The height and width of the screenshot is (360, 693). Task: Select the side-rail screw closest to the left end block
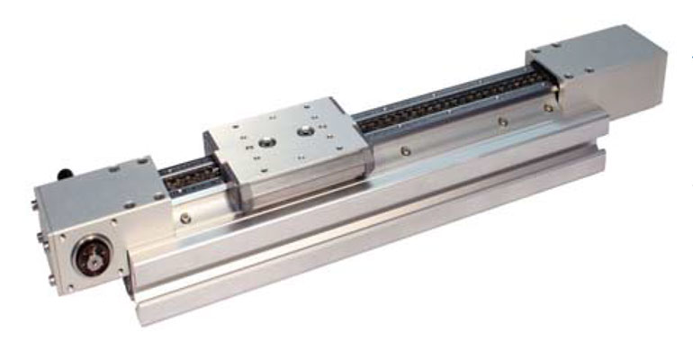click(x=185, y=218)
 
